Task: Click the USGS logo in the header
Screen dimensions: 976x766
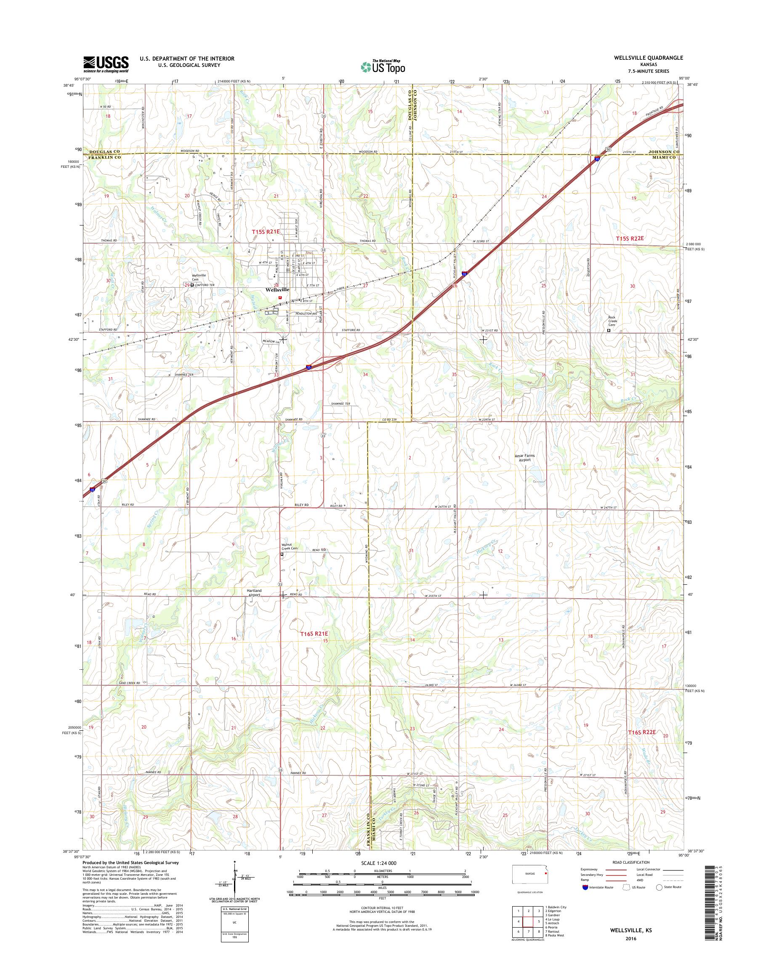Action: (106, 64)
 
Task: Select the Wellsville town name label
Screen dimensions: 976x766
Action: (278, 289)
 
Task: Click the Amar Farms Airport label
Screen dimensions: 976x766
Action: (525, 457)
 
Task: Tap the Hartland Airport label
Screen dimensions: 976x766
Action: (254, 593)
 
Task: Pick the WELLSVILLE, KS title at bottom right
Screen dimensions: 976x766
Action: (631, 940)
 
